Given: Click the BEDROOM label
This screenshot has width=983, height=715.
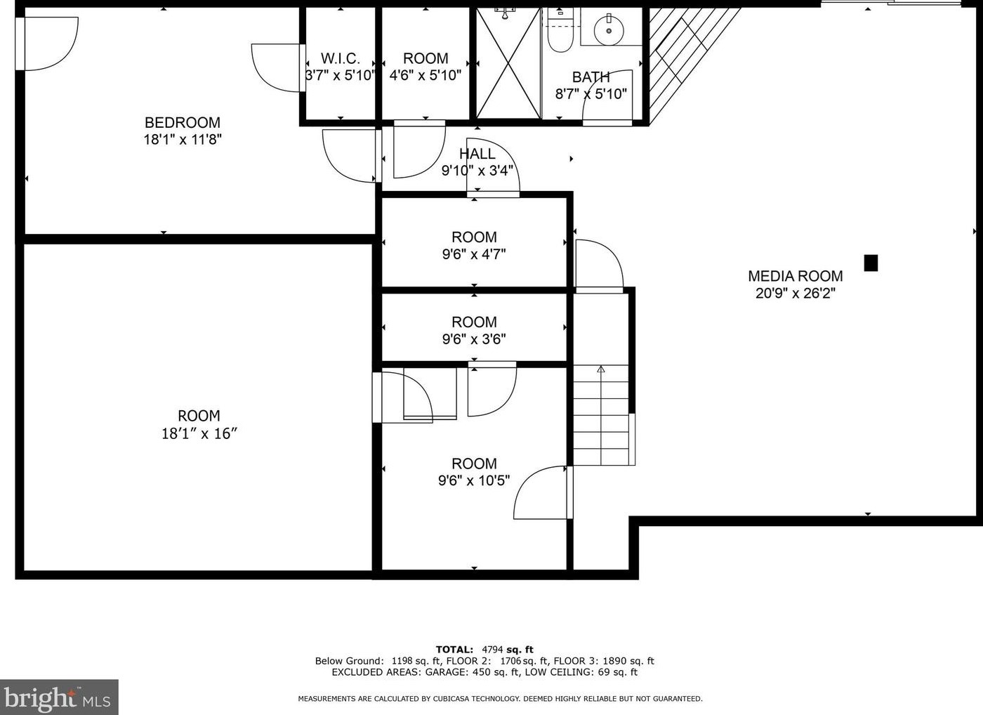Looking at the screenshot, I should pyautogui.click(x=182, y=122).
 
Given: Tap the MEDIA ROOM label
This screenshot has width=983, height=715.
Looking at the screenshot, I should pyautogui.click(x=795, y=276).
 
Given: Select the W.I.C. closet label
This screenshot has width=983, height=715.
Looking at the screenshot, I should pyautogui.click(x=341, y=58).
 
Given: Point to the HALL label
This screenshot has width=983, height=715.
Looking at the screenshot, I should pyautogui.click(x=477, y=154).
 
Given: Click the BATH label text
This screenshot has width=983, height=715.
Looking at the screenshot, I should pyautogui.click(x=591, y=77).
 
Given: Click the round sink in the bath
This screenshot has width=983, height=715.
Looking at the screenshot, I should pyautogui.click(x=608, y=29).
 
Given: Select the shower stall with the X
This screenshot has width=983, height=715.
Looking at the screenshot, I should pyautogui.click(x=508, y=63).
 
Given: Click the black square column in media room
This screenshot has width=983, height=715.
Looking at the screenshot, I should pyautogui.click(x=871, y=263).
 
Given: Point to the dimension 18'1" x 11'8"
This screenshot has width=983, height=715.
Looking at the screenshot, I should pyautogui.click(x=183, y=139).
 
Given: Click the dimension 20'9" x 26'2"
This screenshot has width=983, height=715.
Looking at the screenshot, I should pyautogui.click(x=795, y=294).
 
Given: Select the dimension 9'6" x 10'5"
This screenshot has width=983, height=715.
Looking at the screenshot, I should pyautogui.click(x=474, y=481).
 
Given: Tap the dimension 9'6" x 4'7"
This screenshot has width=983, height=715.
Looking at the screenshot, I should pyautogui.click(x=474, y=254).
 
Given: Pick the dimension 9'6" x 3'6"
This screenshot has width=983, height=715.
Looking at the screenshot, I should pyautogui.click(x=474, y=339).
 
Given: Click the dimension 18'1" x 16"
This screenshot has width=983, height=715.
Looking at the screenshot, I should pyautogui.click(x=199, y=434).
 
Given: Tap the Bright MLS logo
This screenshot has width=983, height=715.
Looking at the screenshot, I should pyautogui.click(x=58, y=697).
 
